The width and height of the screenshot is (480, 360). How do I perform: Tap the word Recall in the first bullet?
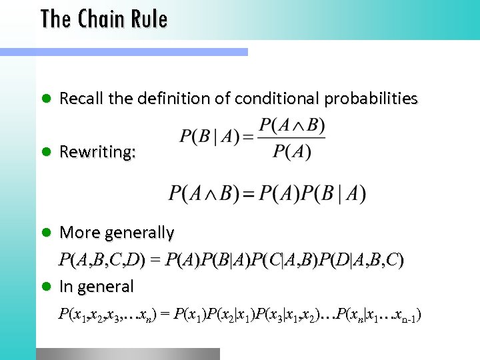coord(79,99)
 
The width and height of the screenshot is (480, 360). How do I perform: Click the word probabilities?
coord(371,99)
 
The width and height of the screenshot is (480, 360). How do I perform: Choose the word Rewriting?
coord(97,153)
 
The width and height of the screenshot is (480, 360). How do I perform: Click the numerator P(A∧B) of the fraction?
coord(292,125)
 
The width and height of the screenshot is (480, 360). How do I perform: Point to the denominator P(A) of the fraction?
coord(292,151)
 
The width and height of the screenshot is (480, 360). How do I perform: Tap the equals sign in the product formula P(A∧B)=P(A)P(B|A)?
coord(248,195)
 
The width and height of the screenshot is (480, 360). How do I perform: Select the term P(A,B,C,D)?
coord(102,259)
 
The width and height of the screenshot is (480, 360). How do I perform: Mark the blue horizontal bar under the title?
coord(123,51)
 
